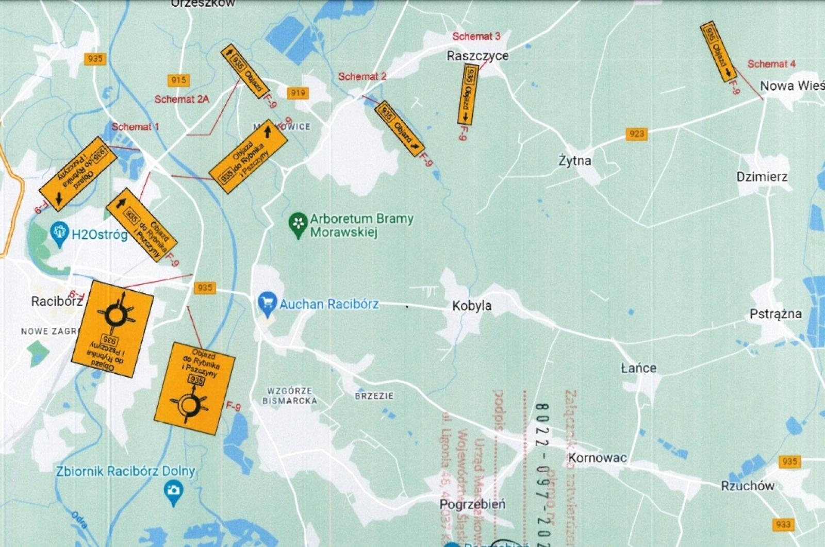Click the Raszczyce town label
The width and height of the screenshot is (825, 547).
pos(477,56)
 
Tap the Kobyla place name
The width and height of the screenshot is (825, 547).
pos(472,306)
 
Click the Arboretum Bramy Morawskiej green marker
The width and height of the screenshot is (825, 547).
pos(298,225)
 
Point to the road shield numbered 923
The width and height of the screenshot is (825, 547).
pos(637,134)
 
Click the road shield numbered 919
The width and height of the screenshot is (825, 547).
pos(298,93)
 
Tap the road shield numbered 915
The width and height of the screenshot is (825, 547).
pos(178,80)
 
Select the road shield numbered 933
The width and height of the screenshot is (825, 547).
pos(783,524)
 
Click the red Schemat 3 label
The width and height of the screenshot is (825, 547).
pos(476,36)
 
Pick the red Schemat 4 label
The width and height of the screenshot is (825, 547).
pos(771,64)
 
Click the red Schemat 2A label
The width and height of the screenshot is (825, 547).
pos(181,99)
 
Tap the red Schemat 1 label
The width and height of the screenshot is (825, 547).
pos(135,126)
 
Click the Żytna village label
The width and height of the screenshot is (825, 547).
pos(575,161)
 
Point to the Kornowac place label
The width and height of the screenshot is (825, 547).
pos(597,457)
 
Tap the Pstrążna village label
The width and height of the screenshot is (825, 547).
pos(775,314)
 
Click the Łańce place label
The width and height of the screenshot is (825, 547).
pos(638,368)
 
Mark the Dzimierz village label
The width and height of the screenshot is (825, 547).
pos(762,177)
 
